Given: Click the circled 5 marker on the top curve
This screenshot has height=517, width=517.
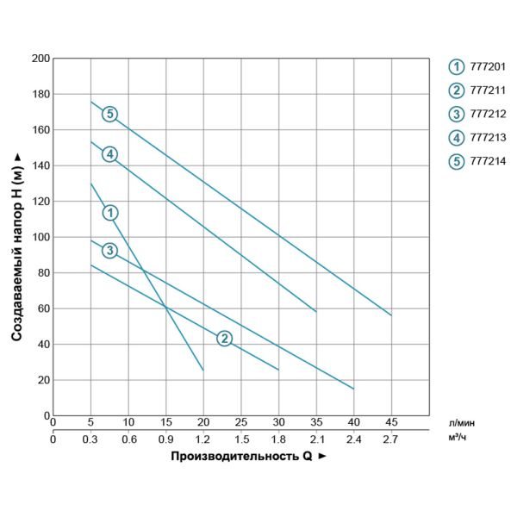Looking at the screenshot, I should point(109,114).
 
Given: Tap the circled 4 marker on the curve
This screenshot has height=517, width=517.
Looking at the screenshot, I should point(109,154).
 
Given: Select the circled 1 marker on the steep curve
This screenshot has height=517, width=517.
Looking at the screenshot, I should point(109,212).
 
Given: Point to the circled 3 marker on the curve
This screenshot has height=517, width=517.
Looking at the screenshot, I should point(109,251).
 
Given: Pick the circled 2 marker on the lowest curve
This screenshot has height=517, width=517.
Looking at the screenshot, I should point(224,338).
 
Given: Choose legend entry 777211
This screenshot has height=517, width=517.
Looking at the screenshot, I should point(488,90).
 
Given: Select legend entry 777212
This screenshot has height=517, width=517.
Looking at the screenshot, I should point(488,114).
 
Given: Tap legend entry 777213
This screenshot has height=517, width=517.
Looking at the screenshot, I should point(488,137).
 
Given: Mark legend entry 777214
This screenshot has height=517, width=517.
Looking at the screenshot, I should point(488,160).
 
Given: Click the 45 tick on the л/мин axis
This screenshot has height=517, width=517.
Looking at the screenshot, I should point(391,423).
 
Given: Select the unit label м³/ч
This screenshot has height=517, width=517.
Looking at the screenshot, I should point(458,439).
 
